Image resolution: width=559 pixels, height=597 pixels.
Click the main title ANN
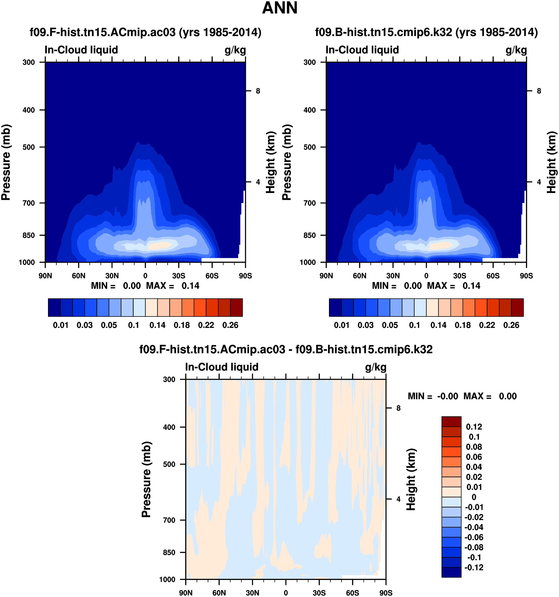[279, 8]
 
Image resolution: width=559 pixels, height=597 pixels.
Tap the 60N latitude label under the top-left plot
[78, 276]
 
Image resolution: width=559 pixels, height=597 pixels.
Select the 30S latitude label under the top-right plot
[460, 276]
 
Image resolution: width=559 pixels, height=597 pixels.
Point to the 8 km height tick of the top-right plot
[538, 91]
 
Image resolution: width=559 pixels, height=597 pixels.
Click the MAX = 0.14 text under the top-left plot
[172, 286]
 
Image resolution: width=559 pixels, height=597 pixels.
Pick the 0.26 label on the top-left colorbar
[230, 325]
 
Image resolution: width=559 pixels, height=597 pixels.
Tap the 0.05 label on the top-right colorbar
[390, 325]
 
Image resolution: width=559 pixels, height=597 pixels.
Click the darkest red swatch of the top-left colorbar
[236, 307]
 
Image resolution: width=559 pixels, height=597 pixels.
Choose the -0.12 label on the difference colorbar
[474, 567]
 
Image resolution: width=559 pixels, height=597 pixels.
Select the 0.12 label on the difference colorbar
[474, 427]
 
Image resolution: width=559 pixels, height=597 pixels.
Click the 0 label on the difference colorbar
[474, 497]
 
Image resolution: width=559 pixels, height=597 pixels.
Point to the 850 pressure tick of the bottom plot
[169, 552]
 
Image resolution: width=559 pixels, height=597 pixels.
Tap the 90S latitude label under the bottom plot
[386, 593]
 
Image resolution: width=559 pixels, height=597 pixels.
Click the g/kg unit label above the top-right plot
[516, 50]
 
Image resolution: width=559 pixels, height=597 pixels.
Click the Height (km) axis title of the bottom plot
[411, 479]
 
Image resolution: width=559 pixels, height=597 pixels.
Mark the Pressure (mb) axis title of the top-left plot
[6, 162]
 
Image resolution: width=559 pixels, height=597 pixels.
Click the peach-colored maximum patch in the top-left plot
[159, 245]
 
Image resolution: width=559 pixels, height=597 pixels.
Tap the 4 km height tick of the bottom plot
[398, 499]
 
